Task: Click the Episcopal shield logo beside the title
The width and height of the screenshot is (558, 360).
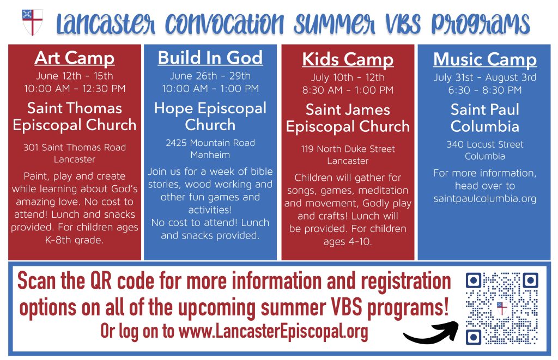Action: click(x=32, y=22)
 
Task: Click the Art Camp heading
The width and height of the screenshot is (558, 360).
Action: click(x=74, y=58)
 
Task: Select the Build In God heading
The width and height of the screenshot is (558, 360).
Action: click(x=210, y=58)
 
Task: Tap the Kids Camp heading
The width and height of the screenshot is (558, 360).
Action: click(x=348, y=59)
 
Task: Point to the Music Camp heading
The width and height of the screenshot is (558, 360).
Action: click(x=484, y=59)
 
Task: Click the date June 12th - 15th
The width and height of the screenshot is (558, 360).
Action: click(x=74, y=76)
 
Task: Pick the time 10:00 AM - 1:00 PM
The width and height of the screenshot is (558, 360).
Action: click(x=210, y=89)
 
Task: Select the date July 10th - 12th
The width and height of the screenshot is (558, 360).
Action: click(x=348, y=77)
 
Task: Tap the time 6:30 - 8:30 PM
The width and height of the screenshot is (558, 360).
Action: click(x=484, y=90)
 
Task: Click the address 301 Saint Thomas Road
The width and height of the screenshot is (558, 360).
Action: click(x=74, y=147)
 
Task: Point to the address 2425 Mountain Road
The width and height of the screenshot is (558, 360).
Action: click(x=210, y=143)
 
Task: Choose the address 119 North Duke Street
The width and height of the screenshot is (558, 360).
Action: click(x=348, y=149)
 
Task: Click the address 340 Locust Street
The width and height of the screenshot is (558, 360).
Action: click(x=484, y=144)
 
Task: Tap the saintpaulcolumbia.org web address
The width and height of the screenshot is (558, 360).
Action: click(x=484, y=199)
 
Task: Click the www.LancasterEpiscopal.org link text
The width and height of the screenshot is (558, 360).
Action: click(x=274, y=332)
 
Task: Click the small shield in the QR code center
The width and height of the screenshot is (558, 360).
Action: click(x=502, y=308)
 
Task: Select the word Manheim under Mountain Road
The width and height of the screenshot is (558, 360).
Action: click(x=210, y=155)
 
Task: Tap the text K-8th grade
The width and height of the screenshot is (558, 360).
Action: click(x=74, y=240)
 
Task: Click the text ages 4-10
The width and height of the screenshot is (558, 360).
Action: click(x=348, y=242)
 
